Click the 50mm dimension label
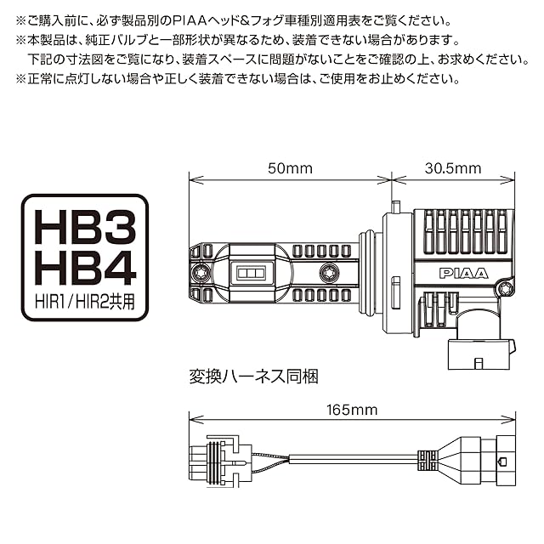click(290, 168)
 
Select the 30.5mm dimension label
click(451, 168)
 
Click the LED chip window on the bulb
click(252, 273)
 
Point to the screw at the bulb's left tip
click(202, 273)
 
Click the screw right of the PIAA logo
click(501, 286)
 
